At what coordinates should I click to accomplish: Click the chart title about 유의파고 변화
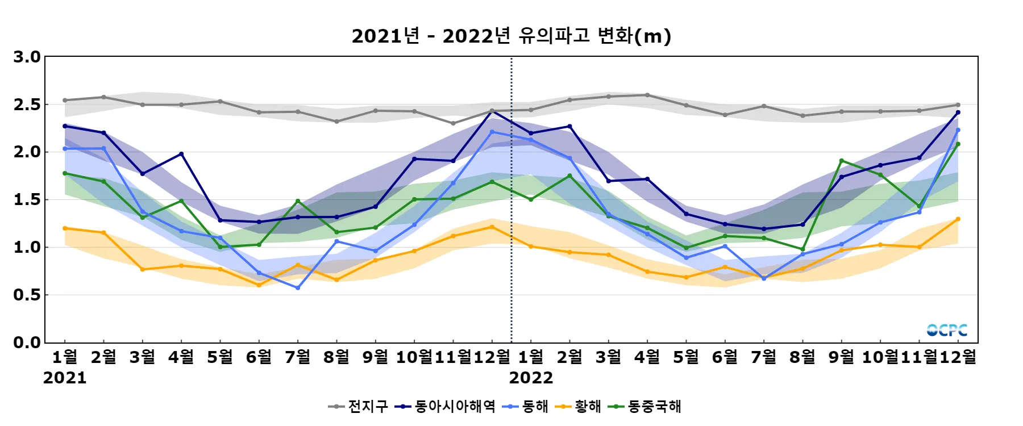click(x=511, y=36)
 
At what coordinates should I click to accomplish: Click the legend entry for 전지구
click(x=359, y=407)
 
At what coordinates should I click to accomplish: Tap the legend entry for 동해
click(x=526, y=407)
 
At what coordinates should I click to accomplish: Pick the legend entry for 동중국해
click(x=644, y=407)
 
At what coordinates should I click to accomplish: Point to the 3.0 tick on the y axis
click(x=27, y=57)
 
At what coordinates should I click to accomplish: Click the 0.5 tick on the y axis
click(x=27, y=295)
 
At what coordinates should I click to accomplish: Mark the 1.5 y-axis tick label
click(x=27, y=200)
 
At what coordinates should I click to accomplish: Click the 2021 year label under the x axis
click(x=65, y=378)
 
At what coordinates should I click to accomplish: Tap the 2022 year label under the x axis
click(x=531, y=378)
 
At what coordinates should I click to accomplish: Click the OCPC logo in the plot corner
click(x=947, y=330)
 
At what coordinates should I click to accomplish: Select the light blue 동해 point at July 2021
click(x=298, y=288)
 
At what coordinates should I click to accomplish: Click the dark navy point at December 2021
click(x=492, y=111)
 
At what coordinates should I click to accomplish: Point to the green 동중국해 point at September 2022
click(x=842, y=161)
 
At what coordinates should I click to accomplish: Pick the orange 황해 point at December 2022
click(x=958, y=219)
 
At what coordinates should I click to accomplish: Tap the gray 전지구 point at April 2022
click(x=647, y=95)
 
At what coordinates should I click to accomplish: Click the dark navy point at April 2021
click(x=181, y=154)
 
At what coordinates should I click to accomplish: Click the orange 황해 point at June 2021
click(x=259, y=285)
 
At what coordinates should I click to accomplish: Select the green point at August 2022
click(x=803, y=249)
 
